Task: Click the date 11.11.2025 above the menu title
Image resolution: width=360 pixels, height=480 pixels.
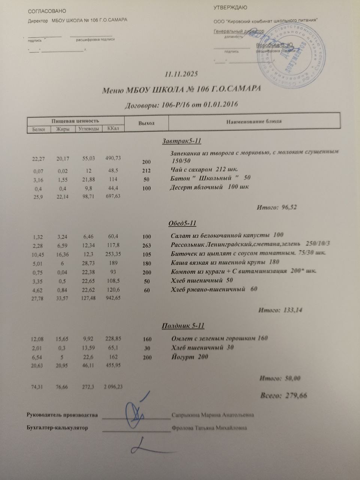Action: pos(182,74)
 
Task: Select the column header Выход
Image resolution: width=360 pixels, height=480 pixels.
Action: pos(146,123)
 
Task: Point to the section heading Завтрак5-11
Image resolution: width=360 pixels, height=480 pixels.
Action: pos(182,141)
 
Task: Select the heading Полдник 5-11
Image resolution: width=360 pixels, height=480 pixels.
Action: pos(182,325)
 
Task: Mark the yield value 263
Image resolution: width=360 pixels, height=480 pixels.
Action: pos(147,246)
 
